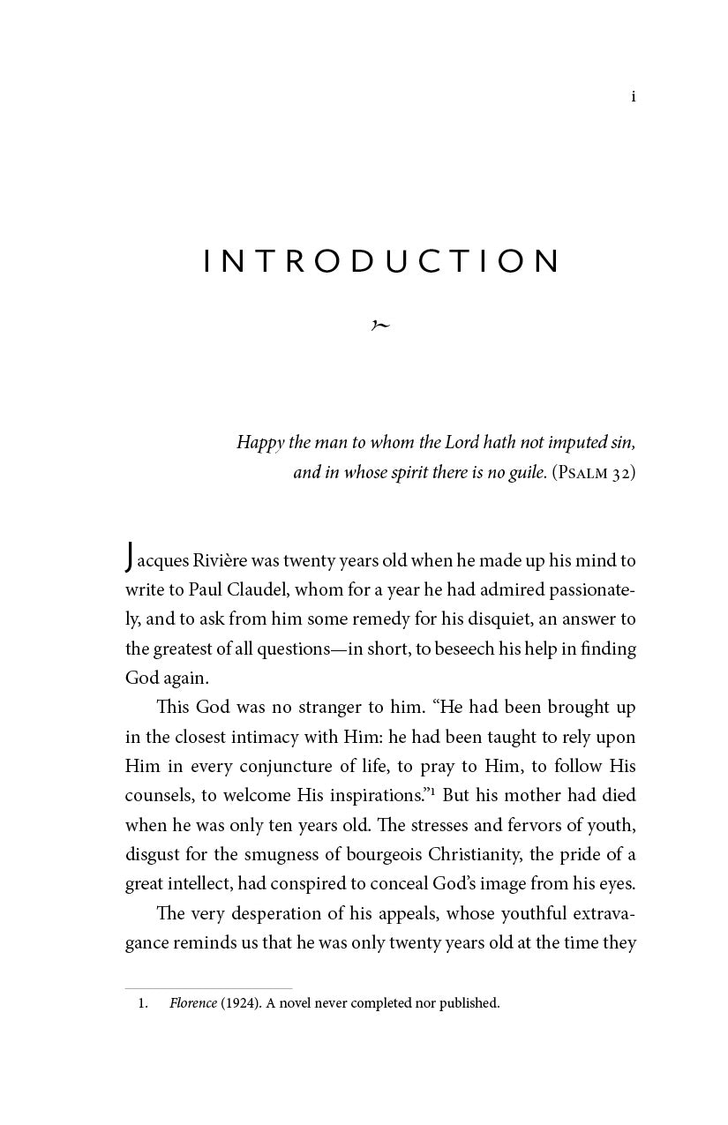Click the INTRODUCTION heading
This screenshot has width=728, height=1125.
pyautogui.click(x=381, y=261)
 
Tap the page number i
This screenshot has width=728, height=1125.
pyautogui.click(x=633, y=97)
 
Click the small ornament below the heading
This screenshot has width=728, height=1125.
pyautogui.click(x=380, y=325)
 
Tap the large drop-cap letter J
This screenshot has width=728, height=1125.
pyautogui.click(x=130, y=558)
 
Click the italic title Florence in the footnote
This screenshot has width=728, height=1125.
pyautogui.click(x=193, y=1003)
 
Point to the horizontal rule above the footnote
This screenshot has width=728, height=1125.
pyautogui.click(x=208, y=988)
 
